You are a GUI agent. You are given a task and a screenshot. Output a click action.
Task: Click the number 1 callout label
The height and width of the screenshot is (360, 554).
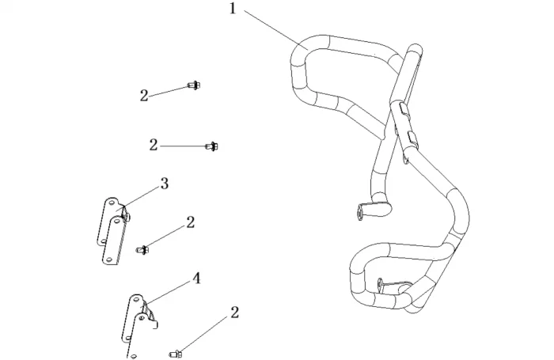point(233,9)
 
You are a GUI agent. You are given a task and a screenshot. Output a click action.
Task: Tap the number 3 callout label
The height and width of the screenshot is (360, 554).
point(164,184)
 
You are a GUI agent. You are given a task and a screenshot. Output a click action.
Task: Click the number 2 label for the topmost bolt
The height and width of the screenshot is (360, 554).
point(143,95)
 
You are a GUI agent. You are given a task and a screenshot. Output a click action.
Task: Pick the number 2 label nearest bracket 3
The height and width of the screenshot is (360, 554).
point(190,222)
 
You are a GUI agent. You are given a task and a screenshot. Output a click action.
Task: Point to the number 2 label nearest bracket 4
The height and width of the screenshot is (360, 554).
point(234,313)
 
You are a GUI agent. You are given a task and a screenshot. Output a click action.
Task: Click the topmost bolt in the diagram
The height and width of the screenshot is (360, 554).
point(193,85)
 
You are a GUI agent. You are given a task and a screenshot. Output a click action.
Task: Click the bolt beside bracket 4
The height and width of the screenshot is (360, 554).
point(176,351)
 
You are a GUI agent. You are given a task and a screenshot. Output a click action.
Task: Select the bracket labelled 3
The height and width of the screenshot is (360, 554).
point(112,229)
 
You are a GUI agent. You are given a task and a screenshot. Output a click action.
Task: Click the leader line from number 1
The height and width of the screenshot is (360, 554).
point(273,32)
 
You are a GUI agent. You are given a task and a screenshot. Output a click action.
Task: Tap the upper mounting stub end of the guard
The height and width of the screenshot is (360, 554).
point(366,210)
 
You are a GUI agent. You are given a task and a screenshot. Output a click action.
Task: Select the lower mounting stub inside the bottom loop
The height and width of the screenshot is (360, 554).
point(386,282)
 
